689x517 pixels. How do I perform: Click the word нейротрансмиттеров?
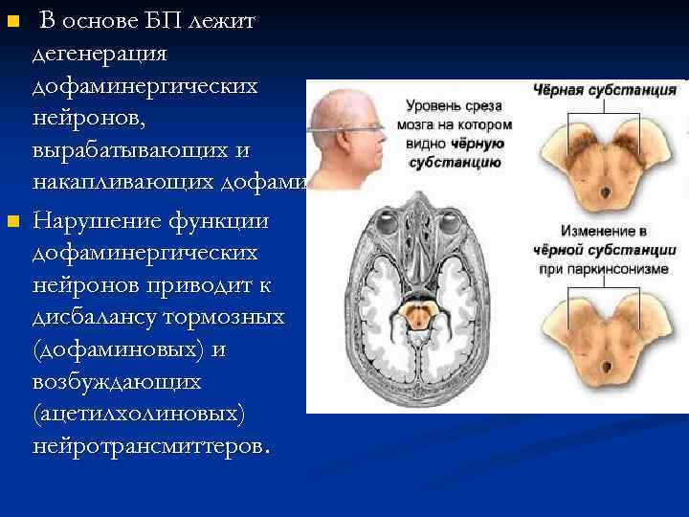[151, 446]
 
